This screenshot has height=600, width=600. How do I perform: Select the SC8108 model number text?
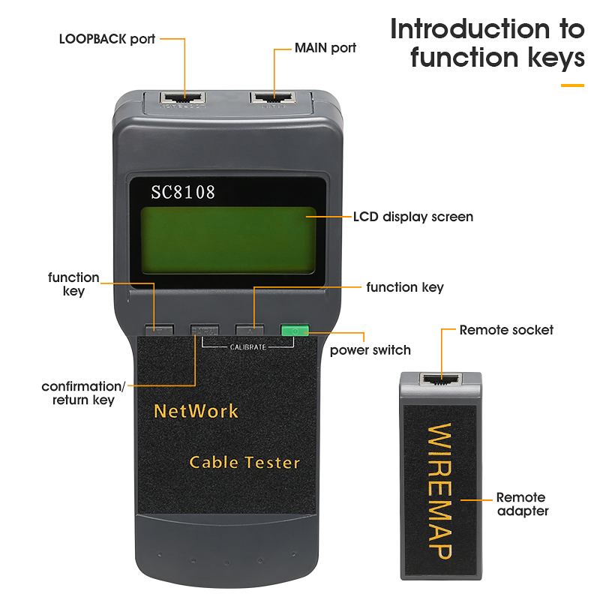point(183,192)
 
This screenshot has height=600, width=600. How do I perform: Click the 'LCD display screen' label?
point(413,217)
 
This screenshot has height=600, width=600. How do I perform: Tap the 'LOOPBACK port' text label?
point(107,38)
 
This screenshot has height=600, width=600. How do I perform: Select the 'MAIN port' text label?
point(325,47)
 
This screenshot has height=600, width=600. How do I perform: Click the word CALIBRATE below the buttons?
point(247,347)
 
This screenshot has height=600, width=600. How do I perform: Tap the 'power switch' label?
point(370,350)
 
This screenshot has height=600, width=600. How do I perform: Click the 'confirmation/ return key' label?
point(83,393)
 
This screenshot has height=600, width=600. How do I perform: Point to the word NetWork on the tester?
point(196,411)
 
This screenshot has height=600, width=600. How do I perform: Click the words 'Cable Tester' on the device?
point(244,462)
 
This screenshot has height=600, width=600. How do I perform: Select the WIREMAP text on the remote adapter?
point(440,491)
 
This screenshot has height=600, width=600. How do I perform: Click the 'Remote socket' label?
point(506,330)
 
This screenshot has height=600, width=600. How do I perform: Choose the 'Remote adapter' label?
point(522,504)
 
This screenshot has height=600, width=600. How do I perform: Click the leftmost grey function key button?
point(159,329)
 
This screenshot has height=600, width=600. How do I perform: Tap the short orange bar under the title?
point(572,85)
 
